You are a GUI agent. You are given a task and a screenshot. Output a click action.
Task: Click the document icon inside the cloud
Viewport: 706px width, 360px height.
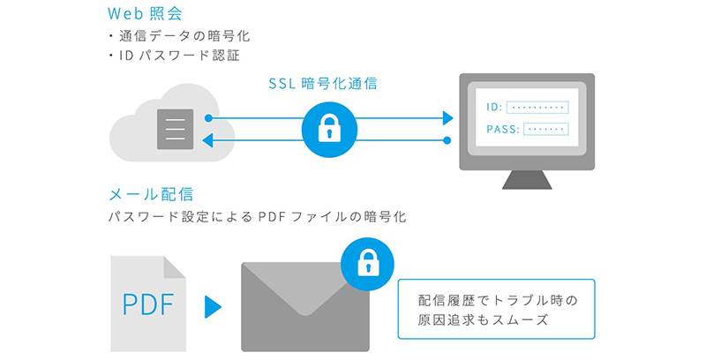174,129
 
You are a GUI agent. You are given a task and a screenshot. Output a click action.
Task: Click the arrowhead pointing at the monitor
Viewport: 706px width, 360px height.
448,117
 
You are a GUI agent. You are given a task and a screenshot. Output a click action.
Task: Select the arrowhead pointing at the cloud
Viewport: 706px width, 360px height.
208,140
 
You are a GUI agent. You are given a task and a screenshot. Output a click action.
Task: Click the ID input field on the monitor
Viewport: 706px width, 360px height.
538,107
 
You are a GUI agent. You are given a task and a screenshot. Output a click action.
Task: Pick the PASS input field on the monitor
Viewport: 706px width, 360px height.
545,129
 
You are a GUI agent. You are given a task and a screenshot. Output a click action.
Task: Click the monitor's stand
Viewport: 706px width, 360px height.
527,178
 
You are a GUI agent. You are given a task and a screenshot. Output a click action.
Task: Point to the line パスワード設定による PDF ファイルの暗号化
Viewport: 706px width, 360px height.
257,216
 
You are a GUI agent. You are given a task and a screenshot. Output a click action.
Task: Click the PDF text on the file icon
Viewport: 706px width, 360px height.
148,305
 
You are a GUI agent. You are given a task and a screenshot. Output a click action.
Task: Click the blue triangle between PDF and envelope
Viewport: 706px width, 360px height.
212,306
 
